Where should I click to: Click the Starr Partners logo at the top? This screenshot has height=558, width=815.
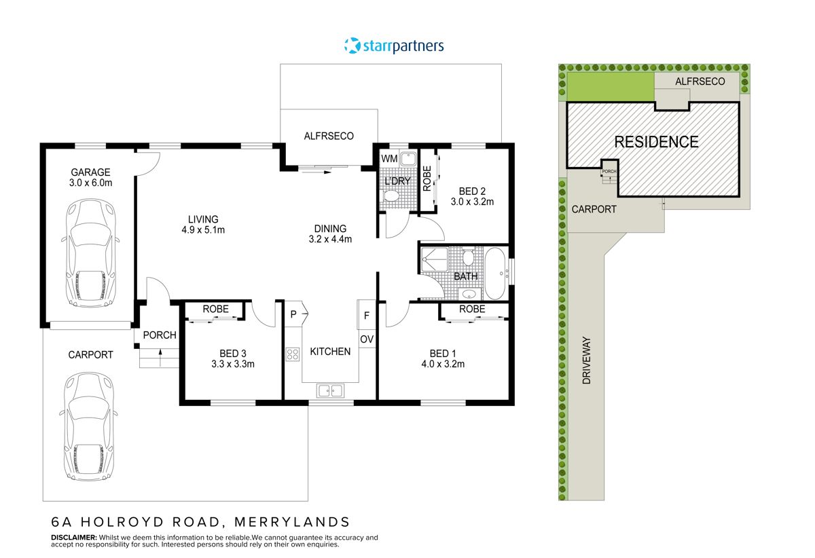(x=394, y=46)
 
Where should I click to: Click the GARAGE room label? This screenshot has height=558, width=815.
(x=90, y=172)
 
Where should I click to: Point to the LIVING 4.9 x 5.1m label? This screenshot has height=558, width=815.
(x=203, y=224)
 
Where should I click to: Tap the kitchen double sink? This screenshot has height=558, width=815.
(x=331, y=390)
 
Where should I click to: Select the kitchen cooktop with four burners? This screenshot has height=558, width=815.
(x=293, y=354)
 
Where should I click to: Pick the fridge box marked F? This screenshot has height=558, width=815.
(x=367, y=315)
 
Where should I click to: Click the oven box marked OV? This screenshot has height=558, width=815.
(x=367, y=339)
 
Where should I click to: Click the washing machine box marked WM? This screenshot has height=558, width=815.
(x=388, y=159)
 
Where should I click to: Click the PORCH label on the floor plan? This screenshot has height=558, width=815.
(x=160, y=335)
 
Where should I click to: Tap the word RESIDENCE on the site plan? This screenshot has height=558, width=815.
(x=656, y=142)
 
